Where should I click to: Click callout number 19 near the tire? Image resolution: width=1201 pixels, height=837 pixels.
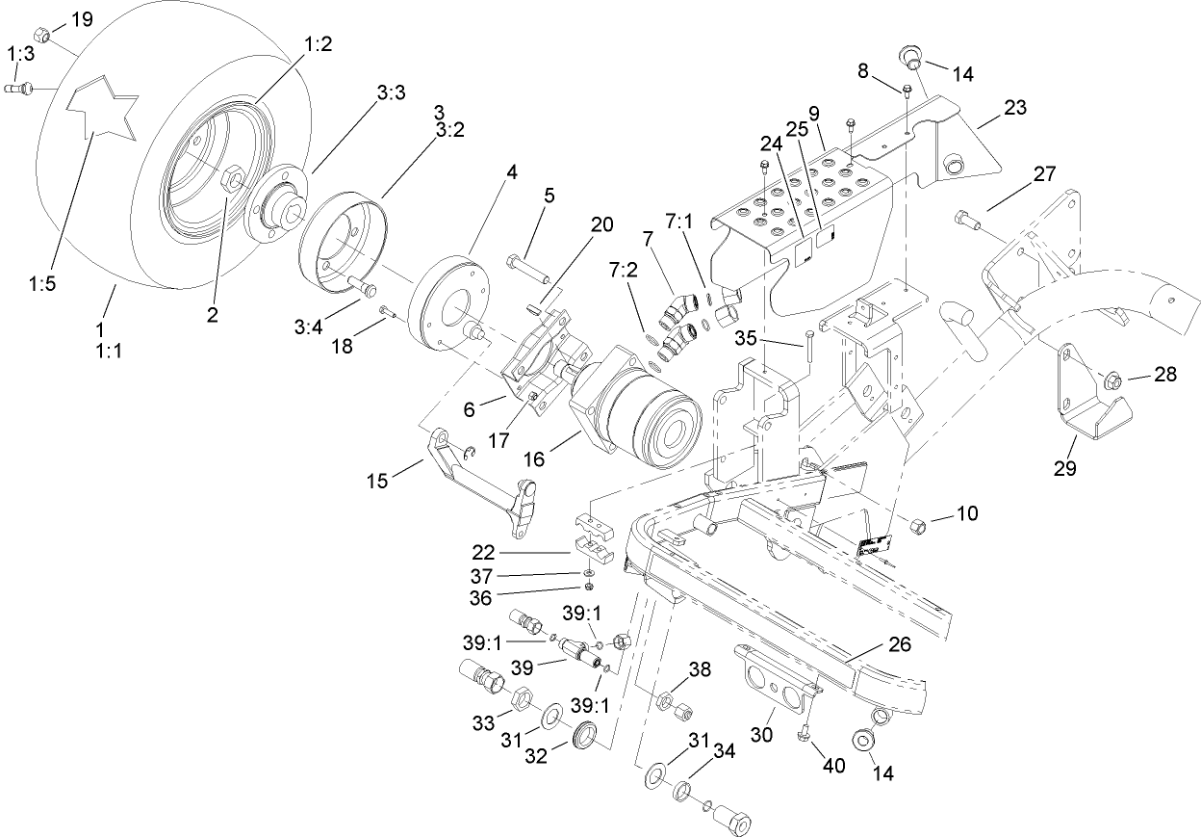pos(84,19)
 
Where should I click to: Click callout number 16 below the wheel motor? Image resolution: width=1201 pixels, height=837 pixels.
pos(534,460)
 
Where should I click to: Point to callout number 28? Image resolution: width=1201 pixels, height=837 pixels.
pos(1165,376)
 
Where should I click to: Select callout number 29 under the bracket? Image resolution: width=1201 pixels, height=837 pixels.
pos(1066,469)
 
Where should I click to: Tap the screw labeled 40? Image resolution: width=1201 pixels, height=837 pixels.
pos(805,736)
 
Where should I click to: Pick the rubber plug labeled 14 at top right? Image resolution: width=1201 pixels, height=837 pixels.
pos(908,54)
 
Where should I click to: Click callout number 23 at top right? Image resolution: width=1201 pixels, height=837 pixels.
pos(1014,109)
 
